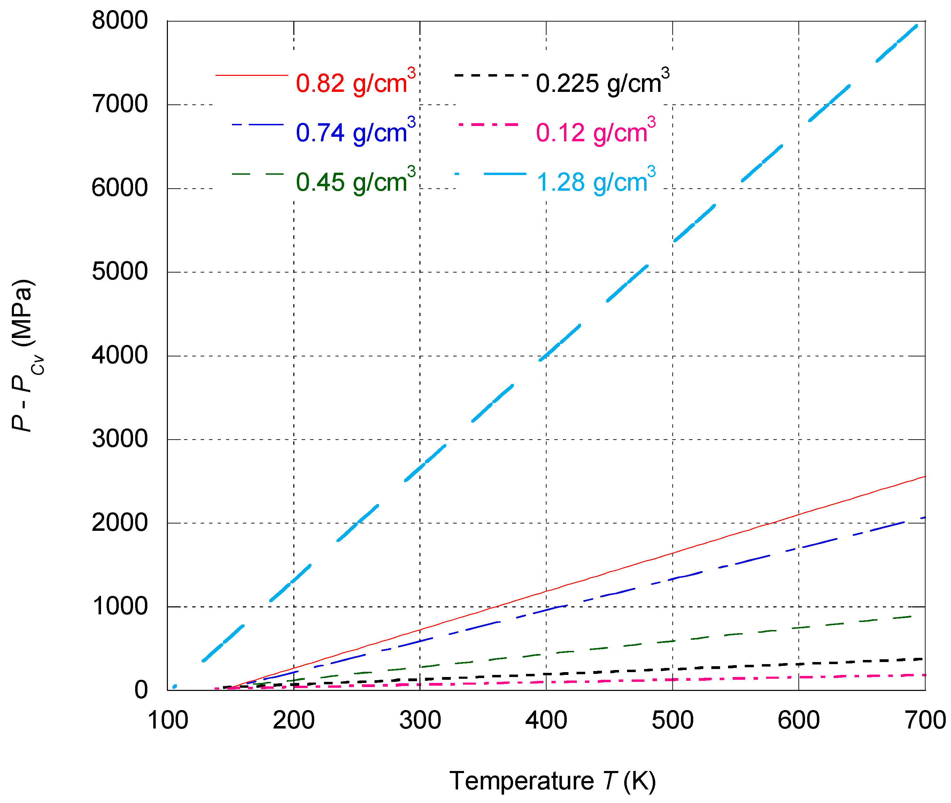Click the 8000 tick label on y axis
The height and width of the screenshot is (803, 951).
119,21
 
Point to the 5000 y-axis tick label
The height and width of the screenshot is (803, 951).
119,272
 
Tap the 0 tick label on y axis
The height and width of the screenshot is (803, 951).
141,690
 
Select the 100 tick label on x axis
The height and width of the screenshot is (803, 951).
168,721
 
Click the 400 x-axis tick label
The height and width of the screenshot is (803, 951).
546,721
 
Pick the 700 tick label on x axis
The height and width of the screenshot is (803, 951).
925,721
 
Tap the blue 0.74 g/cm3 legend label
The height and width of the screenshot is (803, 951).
355,132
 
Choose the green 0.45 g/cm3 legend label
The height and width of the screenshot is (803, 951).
355,181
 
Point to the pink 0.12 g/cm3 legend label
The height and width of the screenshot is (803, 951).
595,132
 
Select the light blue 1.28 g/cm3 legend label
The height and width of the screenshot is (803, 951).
595,181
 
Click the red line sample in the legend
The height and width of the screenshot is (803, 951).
252,74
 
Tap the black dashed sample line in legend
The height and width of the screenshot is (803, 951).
490,74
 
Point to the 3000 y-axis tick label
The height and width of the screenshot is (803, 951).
119,439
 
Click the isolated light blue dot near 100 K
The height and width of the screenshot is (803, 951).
175,686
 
